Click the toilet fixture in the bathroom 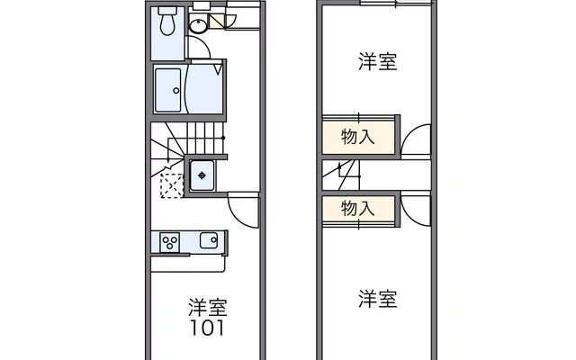(166, 22)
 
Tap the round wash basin (200, 24)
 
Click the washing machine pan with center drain (202, 174)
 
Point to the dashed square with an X (170, 184)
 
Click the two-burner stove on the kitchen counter (170, 241)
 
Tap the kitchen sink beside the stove (208, 241)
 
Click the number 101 (207, 327)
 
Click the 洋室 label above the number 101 (207, 306)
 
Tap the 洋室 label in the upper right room (377, 62)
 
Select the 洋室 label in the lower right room (377, 298)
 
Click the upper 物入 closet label (358, 137)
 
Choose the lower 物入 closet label (358, 208)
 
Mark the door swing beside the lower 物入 (416, 207)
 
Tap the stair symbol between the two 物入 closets (347, 172)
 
